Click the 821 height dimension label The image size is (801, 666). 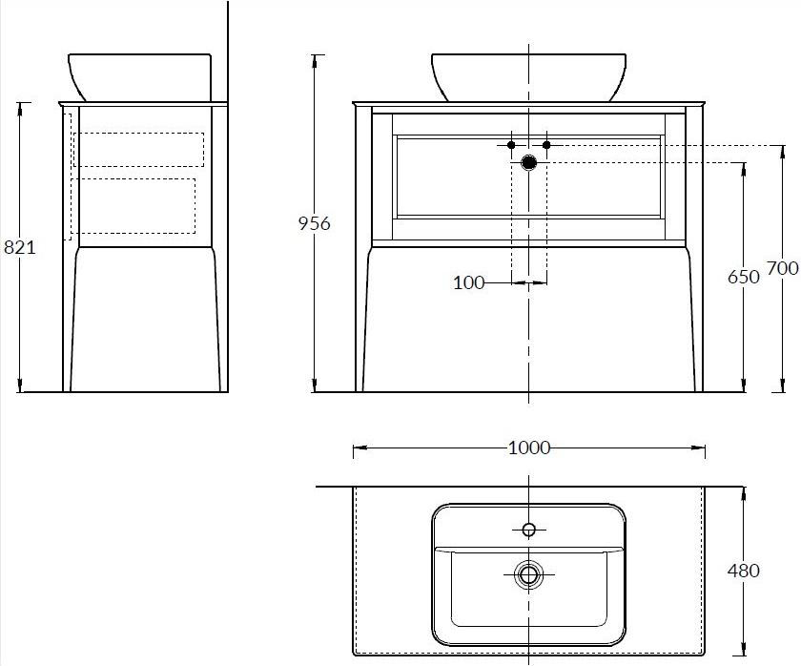[x=20, y=247]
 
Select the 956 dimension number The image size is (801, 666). [x=314, y=223]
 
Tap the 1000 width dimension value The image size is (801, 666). [x=529, y=448]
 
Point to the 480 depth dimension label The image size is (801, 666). [x=743, y=571]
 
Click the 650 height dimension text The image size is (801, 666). [x=743, y=277]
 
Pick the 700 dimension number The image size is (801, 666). [x=783, y=268]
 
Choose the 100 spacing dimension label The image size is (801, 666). [x=468, y=282]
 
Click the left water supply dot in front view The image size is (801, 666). [x=511, y=145]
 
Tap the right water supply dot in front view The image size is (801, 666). [x=546, y=145]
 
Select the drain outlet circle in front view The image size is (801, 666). [x=528, y=163]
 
